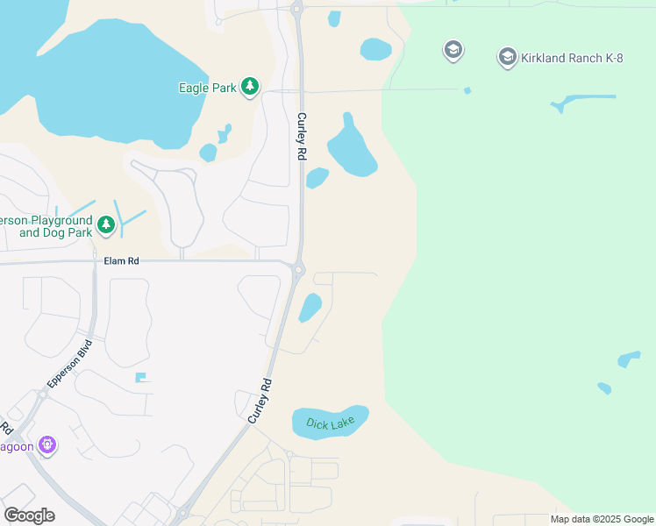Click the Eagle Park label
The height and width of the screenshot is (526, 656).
[x=207, y=88]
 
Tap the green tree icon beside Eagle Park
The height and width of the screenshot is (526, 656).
[x=251, y=86]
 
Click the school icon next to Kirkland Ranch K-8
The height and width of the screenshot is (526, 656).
[x=507, y=58]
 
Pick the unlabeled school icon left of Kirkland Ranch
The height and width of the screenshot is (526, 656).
[x=453, y=50]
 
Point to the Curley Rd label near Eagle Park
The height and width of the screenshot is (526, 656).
[x=301, y=136]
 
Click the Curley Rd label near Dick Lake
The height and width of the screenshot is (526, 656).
[x=260, y=402]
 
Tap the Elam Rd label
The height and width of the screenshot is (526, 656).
[x=122, y=261]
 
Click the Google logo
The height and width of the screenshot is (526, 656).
[x=29, y=515]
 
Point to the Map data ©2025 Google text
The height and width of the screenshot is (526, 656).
[x=602, y=519]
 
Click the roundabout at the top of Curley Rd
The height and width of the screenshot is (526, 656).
[x=296, y=9]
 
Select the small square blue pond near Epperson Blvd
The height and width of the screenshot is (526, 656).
[x=139, y=378]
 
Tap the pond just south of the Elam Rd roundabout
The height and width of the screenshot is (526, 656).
[x=310, y=308]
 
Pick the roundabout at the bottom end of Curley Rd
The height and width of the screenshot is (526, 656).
[x=183, y=513]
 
